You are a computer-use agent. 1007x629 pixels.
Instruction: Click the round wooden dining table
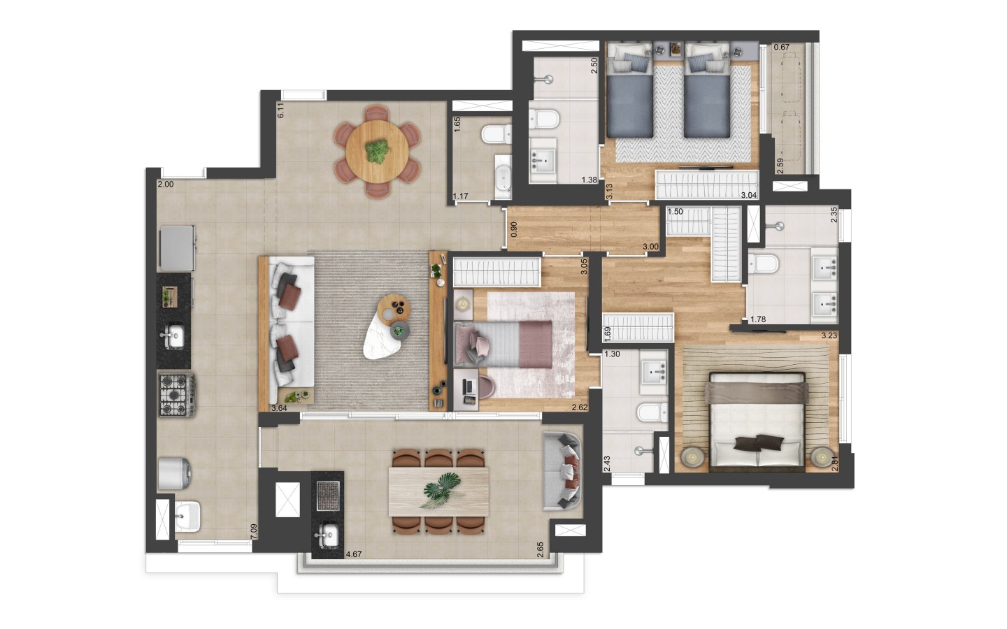click(x=377, y=152)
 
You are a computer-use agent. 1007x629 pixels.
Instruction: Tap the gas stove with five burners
click(x=177, y=396)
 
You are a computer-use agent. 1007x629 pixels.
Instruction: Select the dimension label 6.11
click(x=280, y=110)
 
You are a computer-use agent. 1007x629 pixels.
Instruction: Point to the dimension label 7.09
click(x=254, y=531)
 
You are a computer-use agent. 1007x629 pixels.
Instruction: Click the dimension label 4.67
click(x=354, y=554)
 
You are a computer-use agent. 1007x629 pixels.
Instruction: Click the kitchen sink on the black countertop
click(x=173, y=336)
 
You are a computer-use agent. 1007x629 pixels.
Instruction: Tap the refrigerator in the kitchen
click(x=178, y=249)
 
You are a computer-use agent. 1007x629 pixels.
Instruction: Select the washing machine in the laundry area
click(x=174, y=474)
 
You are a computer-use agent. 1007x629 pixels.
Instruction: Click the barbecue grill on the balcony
click(x=328, y=496)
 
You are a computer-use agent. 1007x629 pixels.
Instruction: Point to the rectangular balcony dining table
click(x=438, y=491)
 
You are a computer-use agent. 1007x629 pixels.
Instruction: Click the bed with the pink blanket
click(x=503, y=344)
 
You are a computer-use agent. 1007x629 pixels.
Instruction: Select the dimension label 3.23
click(x=829, y=335)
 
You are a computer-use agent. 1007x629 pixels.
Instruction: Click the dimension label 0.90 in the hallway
click(x=514, y=229)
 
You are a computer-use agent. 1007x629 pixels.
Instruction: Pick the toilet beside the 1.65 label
click(x=497, y=134)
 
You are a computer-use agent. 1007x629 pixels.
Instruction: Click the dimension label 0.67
click(x=781, y=47)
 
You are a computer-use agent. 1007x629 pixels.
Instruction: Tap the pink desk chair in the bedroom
click(x=486, y=387)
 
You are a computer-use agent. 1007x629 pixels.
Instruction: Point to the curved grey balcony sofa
click(x=562, y=471)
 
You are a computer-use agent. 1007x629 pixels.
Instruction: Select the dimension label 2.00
click(x=166, y=185)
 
